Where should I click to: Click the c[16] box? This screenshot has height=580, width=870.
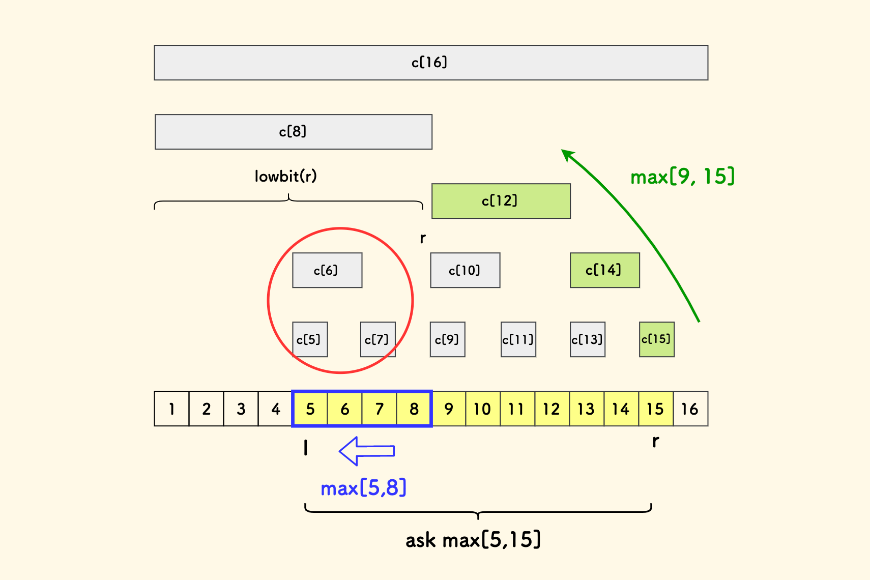[x=431, y=63]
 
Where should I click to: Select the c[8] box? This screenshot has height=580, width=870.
[x=294, y=132]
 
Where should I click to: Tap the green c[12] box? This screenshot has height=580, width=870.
[x=501, y=201]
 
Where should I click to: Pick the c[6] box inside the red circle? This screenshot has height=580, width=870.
[x=327, y=270]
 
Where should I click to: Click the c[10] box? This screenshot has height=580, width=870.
[x=465, y=270]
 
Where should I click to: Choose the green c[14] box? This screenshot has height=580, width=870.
[x=604, y=270]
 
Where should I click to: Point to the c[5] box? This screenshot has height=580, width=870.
[x=310, y=339]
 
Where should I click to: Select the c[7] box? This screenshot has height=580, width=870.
[x=378, y=339]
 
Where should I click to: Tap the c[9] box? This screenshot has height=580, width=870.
[x=447, y=339]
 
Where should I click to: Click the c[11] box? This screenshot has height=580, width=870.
[x=518, y=339]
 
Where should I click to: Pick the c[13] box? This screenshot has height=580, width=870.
[x=587, y=339]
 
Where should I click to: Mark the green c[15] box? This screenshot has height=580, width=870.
[x=656, y=339]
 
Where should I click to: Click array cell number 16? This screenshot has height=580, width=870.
[x=690, y=409]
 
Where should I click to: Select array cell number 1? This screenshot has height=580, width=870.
[x=171, y=409]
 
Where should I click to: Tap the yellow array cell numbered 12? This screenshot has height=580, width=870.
[x=552, y=409]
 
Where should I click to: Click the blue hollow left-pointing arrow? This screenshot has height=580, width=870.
[x=367, y=451]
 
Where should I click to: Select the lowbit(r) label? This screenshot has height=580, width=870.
[x=285, y=177]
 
